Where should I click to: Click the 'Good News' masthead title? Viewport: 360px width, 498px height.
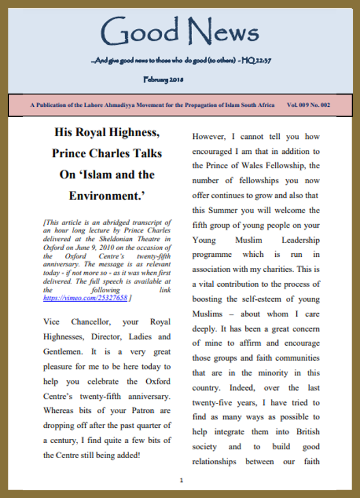point(180,32)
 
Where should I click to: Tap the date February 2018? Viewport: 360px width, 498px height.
point(163,79)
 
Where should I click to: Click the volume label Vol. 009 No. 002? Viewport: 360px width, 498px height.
point(308,105)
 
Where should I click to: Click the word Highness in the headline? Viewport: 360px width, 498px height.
point(130,132)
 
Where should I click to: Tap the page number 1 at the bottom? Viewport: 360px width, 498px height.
point(181,480)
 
